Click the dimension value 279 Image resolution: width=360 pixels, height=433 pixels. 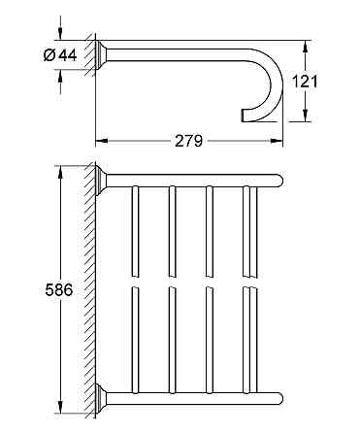(x=188, y=141)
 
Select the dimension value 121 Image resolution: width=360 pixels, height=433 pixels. (x=305, y=81)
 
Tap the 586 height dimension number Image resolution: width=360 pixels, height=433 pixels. (x=59, y=289)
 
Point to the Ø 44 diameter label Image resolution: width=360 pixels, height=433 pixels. (x=60, y=55)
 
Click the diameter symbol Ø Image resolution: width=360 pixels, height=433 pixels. (x=49, y=55)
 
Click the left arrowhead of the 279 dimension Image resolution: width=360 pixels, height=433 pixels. (x=101, y=141)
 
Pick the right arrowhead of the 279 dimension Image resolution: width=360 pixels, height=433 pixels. (x=277, y=141)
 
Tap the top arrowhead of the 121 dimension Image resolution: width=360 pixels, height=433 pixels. (x=305, y=47)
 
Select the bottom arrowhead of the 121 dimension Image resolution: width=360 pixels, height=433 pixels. (x=305, y=116)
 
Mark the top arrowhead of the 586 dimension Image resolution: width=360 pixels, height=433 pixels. (x=60, y=172)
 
